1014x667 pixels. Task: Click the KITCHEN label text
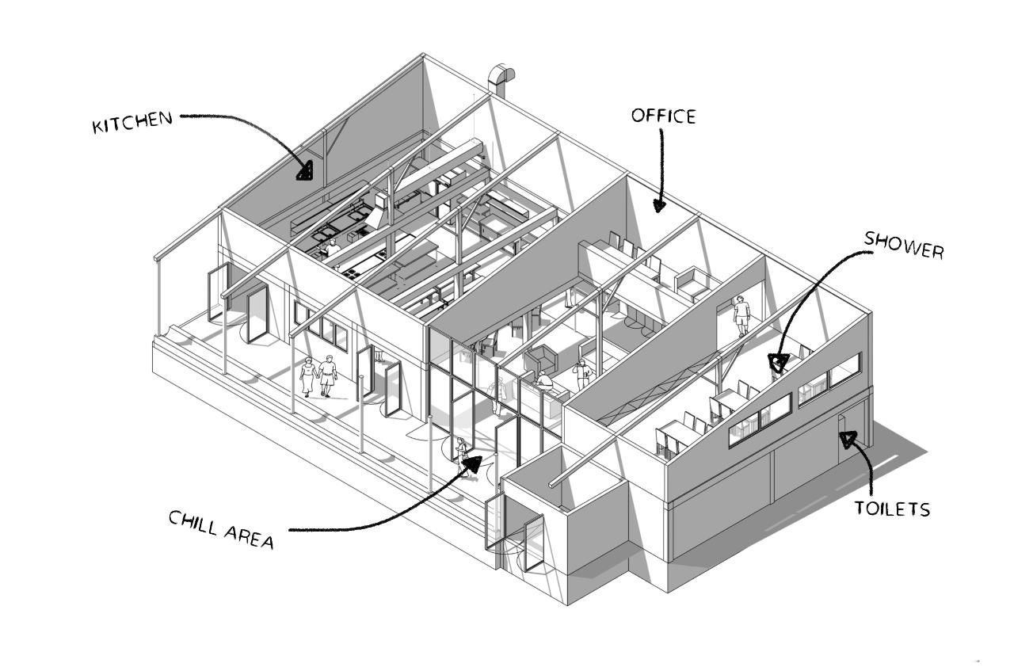tap(132, 123)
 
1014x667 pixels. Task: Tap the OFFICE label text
tap(663, 116)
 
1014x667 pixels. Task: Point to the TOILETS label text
tap(892, 508)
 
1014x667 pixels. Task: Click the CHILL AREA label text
tap(221, 529)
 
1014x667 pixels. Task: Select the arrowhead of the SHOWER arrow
tap(778, 363)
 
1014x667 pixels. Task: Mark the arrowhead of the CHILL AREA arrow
tap(471, 463)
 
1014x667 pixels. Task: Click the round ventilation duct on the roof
tap(501, 79)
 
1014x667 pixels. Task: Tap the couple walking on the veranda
tap(318, 376)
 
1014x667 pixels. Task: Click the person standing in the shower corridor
tap(741, 315)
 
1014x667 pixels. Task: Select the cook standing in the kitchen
tap(333, 247)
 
